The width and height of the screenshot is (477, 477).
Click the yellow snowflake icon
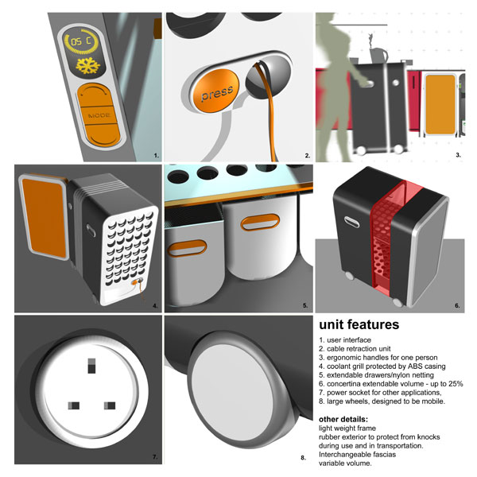click(x=88, y=66)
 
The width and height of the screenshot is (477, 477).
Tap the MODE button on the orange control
click(x=99, y=115)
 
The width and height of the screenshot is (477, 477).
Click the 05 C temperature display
click(x=81, y=41)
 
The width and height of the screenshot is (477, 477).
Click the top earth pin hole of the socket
click(x=91, y=366)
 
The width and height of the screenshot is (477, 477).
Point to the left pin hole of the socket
click(x=74, y=405)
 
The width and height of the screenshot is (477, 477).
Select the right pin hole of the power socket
click(x=110, y=405)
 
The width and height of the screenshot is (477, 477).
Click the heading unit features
click(x=359, y=324)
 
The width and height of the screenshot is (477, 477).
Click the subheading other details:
click(x=343, y=419)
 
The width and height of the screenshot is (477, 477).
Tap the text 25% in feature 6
click(x=455, y=384)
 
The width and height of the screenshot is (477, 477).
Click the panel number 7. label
click(x=155, y=457)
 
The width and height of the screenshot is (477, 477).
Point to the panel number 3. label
click(x=458, y=155)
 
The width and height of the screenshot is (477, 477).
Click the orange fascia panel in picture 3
click(x=440, y=104)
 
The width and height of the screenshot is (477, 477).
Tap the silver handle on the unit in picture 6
click(x=351, y=222)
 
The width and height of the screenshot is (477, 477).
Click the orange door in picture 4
click(x=45, y=218)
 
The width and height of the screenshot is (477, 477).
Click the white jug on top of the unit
click(x=378, y=55)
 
